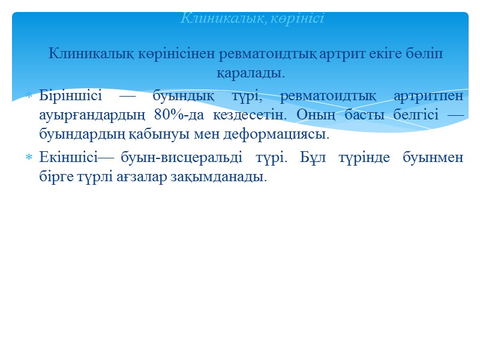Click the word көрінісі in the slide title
pyautogui.click(x=298, y=19)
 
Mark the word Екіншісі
pyautogui.click(x=68, y=158)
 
